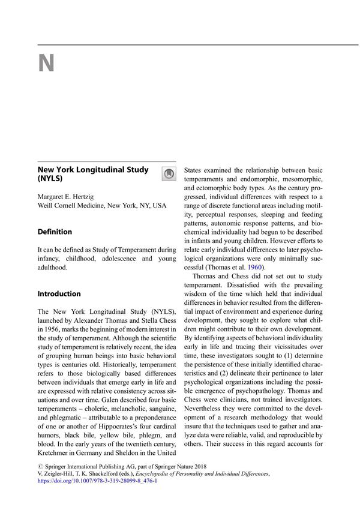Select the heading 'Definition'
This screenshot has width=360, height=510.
pyautogui.click(x=55, y=232)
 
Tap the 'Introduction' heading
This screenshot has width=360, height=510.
pyautogui.click(x=59, y=294)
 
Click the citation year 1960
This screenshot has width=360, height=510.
pyautogui.click(x=256, y=267)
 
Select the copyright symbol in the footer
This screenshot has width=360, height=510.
pyautogui.click(x=40, y=464)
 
